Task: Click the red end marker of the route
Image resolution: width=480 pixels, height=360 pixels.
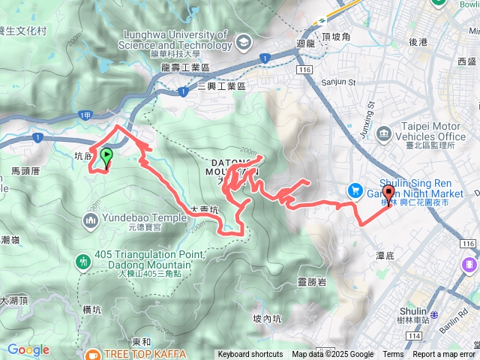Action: [x=388, y=192]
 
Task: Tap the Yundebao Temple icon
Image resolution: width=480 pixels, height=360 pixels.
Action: [x=91, y=220]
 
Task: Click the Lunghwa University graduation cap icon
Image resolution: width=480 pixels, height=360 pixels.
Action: [x=243, y=44]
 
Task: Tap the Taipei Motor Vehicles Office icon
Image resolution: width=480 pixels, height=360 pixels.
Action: [x=385, y=135]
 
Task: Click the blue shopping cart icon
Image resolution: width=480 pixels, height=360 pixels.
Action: [x=353, y=191]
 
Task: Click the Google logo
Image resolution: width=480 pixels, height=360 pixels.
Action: [x=28, y=349]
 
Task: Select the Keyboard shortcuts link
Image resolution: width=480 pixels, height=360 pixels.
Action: [x=251, y=355]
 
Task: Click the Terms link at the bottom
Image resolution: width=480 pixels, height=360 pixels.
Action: [x=393, y=355]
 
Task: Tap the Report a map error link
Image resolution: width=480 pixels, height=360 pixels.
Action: [x=444, y=355]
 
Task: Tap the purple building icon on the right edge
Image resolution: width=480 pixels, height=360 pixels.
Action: [x=470, y=265]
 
